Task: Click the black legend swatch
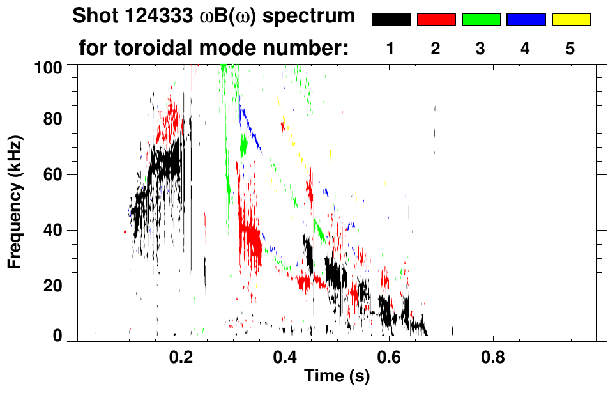(x=391, y=20)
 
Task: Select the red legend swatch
(x=436, y=20)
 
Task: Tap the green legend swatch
(x=481, y=20)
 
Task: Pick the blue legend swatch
(x=526, y=20)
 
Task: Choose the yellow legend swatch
(x=571, y=20)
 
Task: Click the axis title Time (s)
(x=337, y=377)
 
